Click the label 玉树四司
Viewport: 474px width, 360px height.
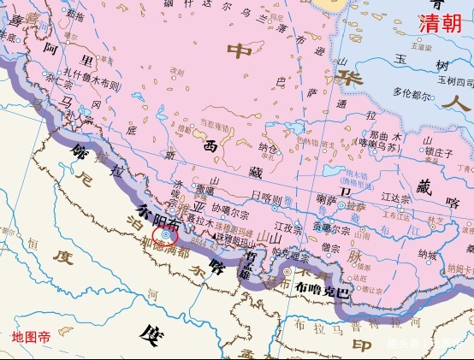click(x=454, y=81)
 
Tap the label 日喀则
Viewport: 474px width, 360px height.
click(x=266, y=196)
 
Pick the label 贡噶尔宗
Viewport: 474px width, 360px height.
click(x=331, y=229)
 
